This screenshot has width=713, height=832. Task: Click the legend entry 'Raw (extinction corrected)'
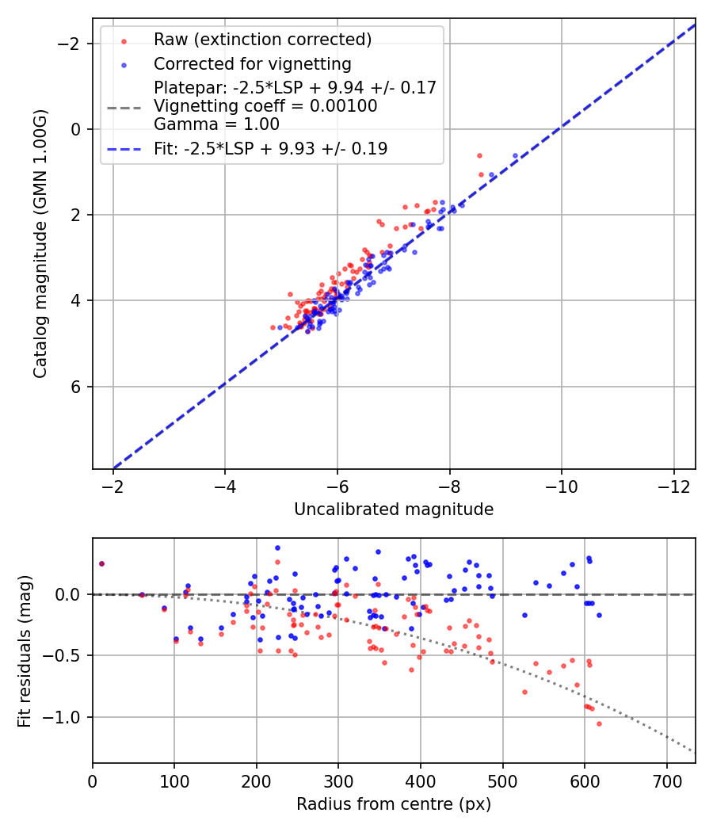click(x=262, y=39)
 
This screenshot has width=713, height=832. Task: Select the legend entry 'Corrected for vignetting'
click(x=253, y=63)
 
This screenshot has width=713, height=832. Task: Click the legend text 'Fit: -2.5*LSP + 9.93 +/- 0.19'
click(x=271, y=148)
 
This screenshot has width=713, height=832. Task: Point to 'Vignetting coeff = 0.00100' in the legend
click(x=265, y=106)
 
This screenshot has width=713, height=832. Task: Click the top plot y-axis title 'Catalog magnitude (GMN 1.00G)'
click(x=40, y=243)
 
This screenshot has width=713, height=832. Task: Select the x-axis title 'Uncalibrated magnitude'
click(x=394, y=510)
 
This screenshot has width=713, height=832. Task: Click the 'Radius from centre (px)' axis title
click(x=394, y=804)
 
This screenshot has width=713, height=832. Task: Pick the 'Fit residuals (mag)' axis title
click(x=24, y=650)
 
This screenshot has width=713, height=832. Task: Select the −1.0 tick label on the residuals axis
click(x=67, y=717)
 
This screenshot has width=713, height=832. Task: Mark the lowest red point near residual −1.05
click(x=599, y=723)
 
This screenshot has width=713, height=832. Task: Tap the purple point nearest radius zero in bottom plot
click(x=101, y=563)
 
